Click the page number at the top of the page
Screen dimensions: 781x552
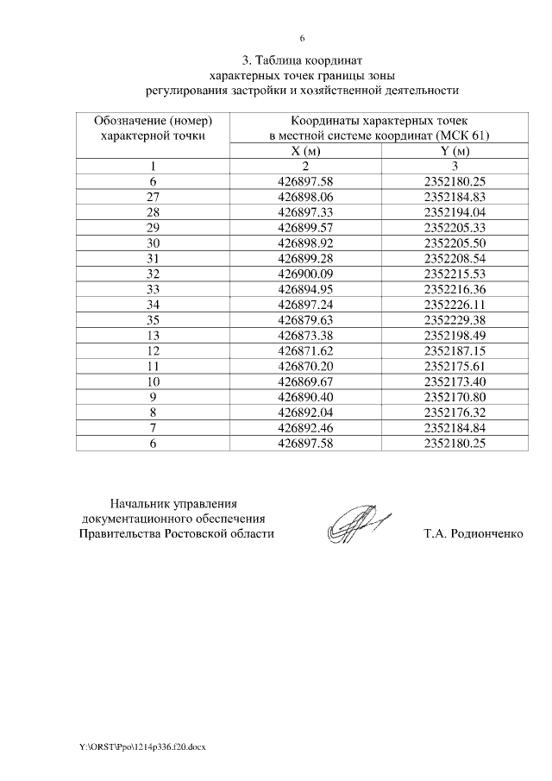pyautogui.click(x=302, y=38)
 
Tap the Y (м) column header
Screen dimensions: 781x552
pyautogui.click(x=456, y=151)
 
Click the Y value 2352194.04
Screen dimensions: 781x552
pyautogui.click(x=456, y=212)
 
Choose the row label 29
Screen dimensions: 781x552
pyautogui.click(x=154, y=228)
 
